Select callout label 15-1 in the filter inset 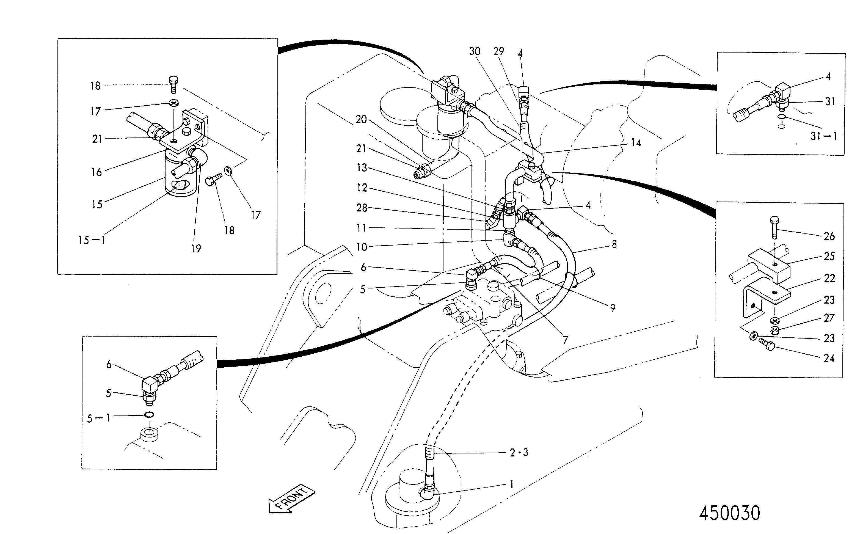click(x=92, y=241)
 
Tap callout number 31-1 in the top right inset click(x=824, y=136)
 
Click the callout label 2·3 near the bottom click(x=519, y=453)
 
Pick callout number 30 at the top click(x=475, y=51)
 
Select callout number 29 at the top click(x=498, y=51)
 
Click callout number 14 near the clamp click(x=636, y=143)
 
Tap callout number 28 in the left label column click(x=362, y=208)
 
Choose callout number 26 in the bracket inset click(x=829, y=236)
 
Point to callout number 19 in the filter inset click(x=196, y=249)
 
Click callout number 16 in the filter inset click(x=96, y=172)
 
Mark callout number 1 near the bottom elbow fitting click(x=512, y=485)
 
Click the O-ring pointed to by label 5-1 click(x=149, y=414)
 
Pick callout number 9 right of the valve click(x=613, y=308)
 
